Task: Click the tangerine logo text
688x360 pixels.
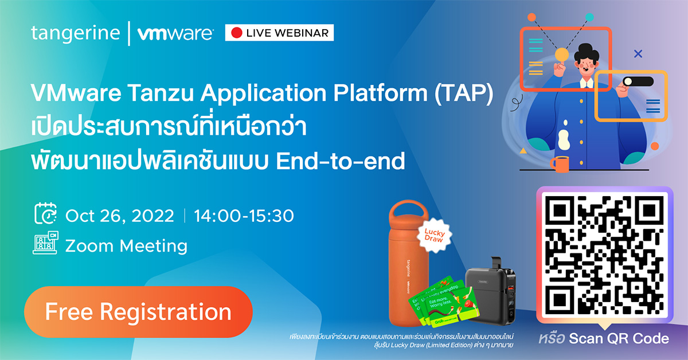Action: click(75, 33)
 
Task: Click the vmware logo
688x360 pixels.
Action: click(175, 33)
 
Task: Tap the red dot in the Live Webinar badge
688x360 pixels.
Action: click(236, 33)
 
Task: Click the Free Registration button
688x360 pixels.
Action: click(138, 312)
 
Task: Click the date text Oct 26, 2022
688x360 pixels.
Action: click(120, 216)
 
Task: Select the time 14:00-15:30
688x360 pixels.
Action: click(244, 216)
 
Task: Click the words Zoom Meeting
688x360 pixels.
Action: click(126, 246)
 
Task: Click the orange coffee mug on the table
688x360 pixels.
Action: click(560, 164)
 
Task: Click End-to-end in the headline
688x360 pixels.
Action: click(340, 161)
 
